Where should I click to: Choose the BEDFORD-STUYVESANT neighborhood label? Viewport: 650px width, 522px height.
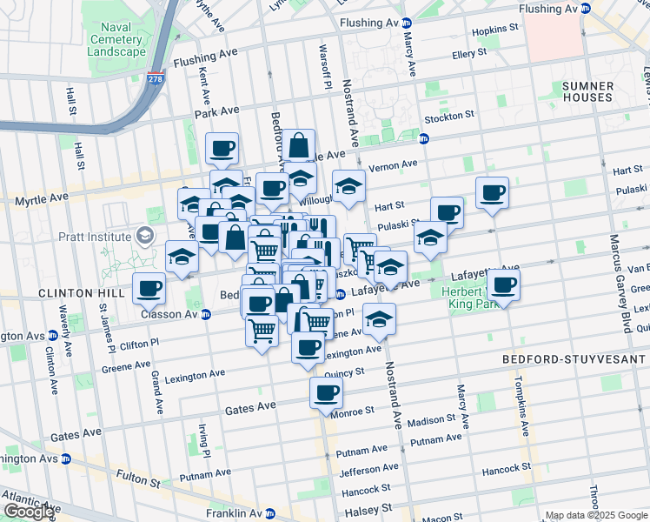click(574, 358)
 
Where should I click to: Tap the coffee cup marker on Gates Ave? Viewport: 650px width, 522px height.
click(326, 392)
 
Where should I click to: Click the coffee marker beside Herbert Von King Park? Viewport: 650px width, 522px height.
click(503, 284)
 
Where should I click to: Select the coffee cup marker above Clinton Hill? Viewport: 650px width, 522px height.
click(149, 287)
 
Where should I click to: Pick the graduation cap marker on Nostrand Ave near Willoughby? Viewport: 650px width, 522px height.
click(348, 186)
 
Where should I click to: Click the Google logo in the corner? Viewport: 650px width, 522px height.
click(29, 512)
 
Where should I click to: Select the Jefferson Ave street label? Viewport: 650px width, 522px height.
click(363, 472)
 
